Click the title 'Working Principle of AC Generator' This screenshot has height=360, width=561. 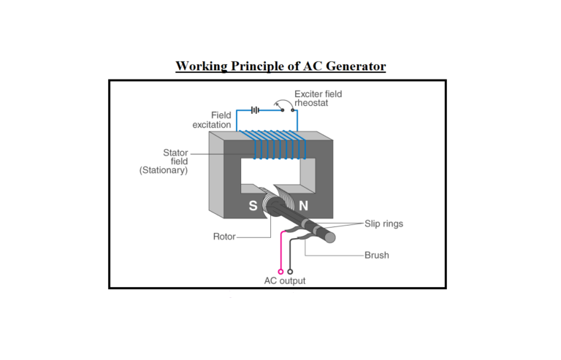pyautogui.click(x=280, y=66)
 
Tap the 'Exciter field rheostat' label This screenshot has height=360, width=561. pyautogui.click(x=318, y=99)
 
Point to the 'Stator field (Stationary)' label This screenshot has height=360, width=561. pyautogui.click(x=164, y=161)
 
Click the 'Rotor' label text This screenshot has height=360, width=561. pyautogui.click(x=224, y=238)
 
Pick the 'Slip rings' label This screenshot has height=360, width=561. pyautogui.click(x=383, y=223)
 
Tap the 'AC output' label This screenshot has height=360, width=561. pyautogui.click(x=285, y=280)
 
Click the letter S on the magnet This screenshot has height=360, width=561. pyautogui.click(x=253, y=206)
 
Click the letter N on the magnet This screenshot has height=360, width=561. pyautogui.click(x=302, y=206)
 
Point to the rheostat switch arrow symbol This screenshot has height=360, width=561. pyautogui.click(x=278, y=106)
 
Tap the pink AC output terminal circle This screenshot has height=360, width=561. pyautogui.click(x=280, y=272)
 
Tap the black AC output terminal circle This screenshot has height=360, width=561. pyautogui.click(x=291, y=272)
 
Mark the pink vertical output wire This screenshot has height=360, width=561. pyautogui.click(x=280, y=252)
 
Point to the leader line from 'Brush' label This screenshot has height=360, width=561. pyautogui.click(x=336, y=256)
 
